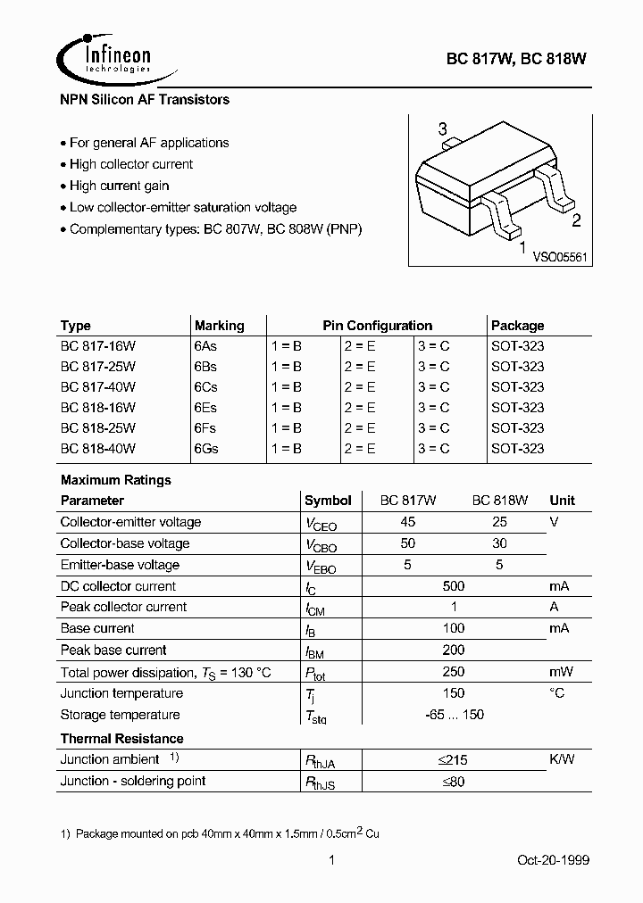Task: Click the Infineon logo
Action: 104,55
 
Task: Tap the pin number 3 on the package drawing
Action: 443,130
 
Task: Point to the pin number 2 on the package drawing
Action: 576,221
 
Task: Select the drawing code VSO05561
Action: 559,256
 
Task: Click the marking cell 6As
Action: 205,346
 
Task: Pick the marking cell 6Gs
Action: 205,449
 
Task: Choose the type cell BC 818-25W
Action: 97,428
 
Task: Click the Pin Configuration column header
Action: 377,326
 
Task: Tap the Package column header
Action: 517,326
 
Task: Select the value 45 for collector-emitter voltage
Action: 409,522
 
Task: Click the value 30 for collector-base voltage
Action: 499,543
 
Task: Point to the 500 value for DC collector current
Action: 454,586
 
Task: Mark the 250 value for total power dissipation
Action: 454,672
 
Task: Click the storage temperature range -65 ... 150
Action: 454,715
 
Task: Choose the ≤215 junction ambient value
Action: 453,760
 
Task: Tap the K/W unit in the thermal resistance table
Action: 563,759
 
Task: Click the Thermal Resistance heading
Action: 121,739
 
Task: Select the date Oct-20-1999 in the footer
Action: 554,860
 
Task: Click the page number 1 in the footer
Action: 331,860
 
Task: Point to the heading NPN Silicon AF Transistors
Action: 145,100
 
